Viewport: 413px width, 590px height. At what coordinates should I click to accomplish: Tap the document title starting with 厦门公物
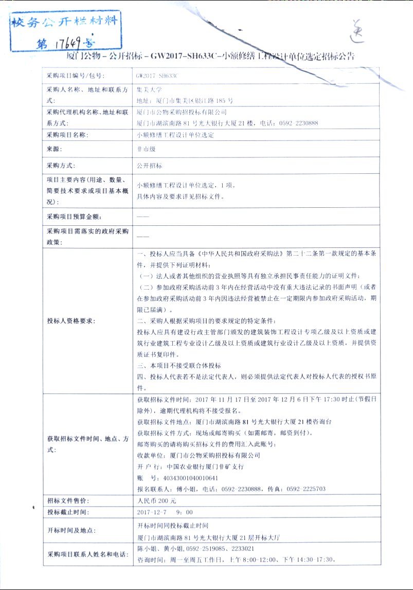point(210,56)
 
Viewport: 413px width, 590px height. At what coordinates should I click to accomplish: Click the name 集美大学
point(149,89)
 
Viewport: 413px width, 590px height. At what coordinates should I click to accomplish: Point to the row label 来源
point(54,149)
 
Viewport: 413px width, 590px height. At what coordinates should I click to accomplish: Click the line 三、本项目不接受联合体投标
point(179,365)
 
